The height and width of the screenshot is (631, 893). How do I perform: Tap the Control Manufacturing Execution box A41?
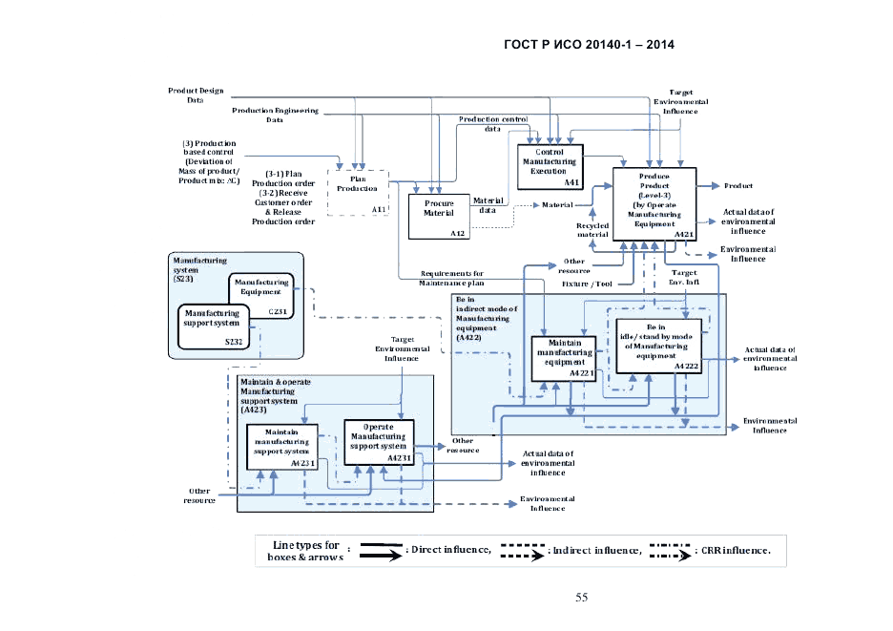pos(550,165)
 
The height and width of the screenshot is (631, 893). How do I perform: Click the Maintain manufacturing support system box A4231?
pos(282,447)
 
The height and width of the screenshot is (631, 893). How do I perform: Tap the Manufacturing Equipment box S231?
pos(260,294)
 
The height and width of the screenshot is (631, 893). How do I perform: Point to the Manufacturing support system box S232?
pos(213,326)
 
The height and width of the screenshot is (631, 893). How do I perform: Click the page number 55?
pos(581,598)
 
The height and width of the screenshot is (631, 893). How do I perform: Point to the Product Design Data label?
pos(196,95)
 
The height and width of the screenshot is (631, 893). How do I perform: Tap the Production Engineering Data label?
pos(275,116)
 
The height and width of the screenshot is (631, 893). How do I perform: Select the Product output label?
pos(738,185)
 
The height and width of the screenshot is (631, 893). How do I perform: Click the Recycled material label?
pos(592,229)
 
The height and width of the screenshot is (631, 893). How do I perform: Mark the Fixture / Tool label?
pos(587,284)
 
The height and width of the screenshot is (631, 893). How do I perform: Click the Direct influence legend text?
pos(449,550)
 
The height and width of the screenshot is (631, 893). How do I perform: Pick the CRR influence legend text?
pos(734,550)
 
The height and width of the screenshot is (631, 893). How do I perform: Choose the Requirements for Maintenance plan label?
pos(451,278)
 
